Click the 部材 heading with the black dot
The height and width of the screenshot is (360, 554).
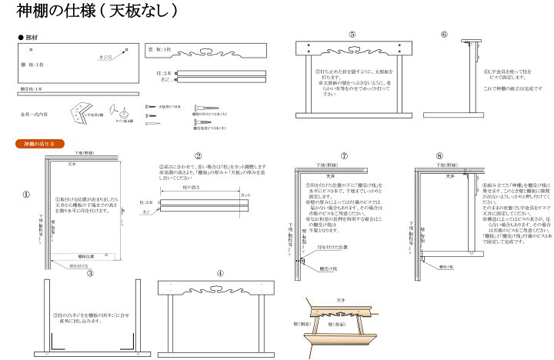pos(28,37)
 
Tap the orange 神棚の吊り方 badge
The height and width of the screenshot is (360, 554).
pos(35,144)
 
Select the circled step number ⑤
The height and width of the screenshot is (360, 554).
pos(352,35)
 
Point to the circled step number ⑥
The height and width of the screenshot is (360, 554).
pos(444,35)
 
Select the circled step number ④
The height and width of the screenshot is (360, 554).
pos(220,273)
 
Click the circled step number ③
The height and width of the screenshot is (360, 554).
pos(90,273)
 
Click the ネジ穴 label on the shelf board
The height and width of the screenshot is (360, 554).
pos(105,57)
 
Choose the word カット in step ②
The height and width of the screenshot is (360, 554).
pos(245,195)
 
